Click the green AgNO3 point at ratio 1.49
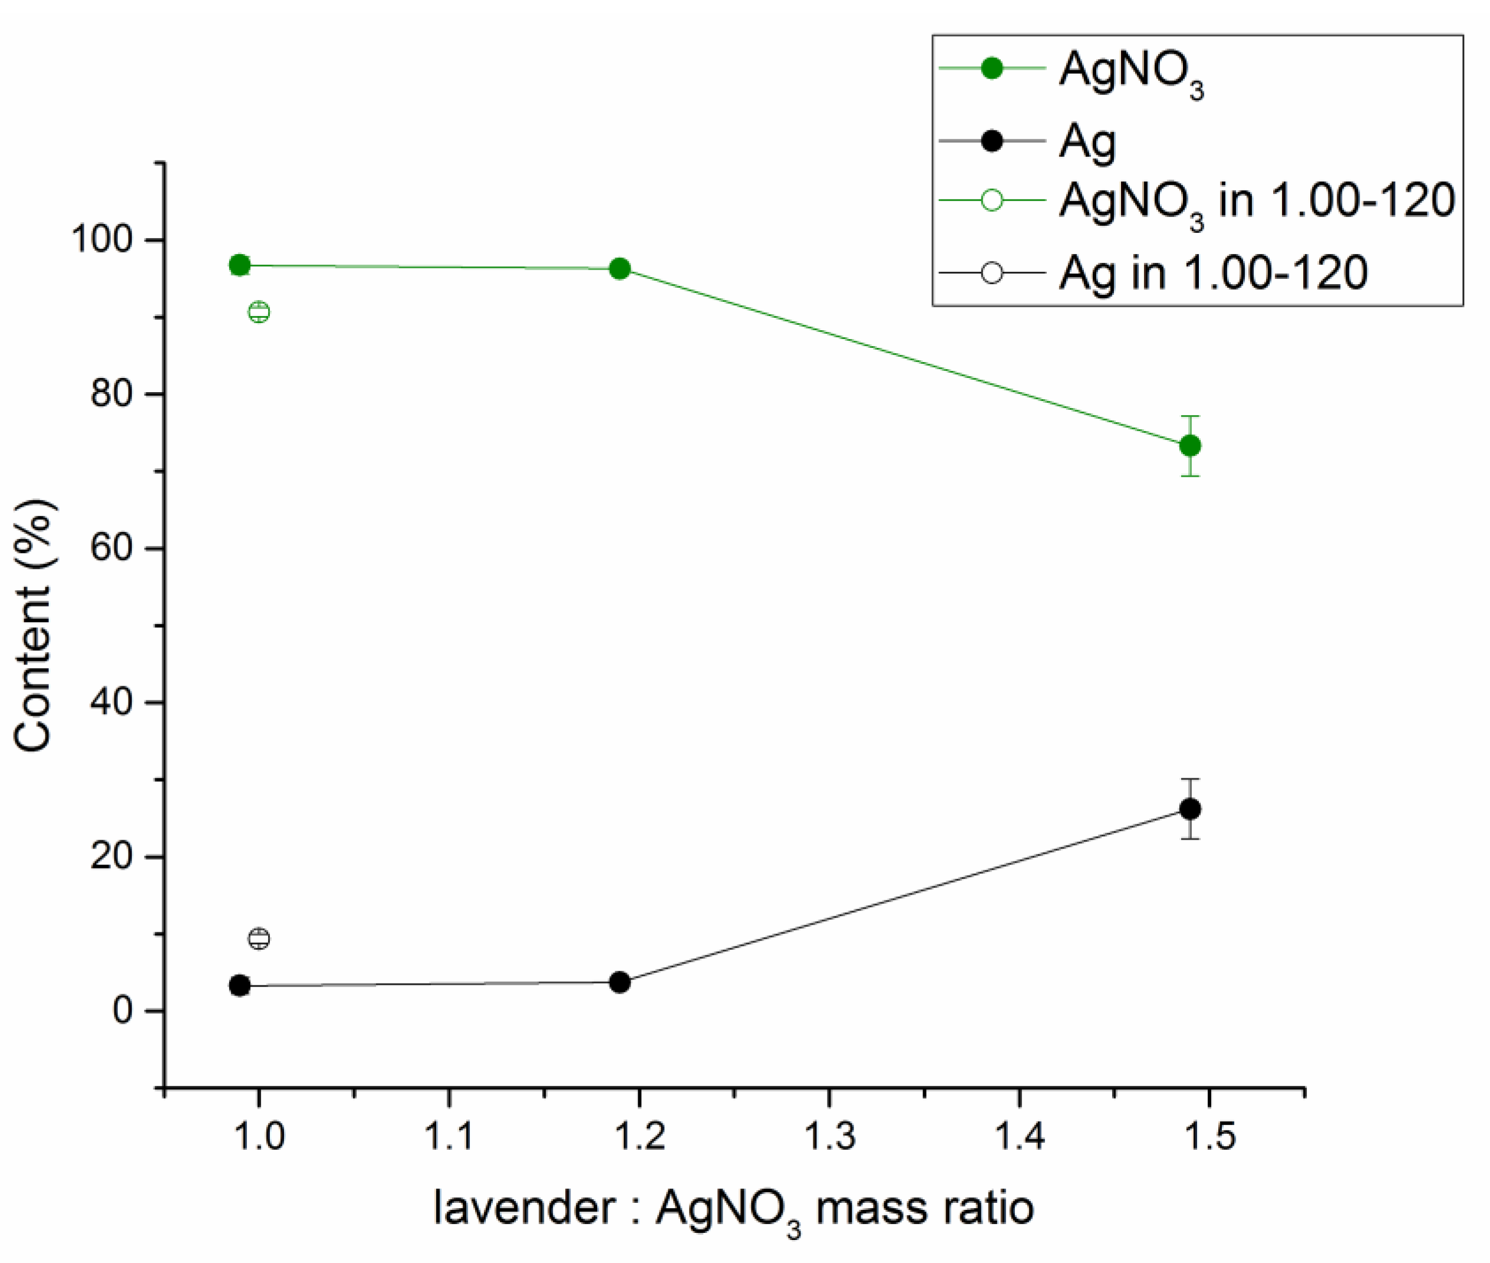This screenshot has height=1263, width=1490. (1190, 446)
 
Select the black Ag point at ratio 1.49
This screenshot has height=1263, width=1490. (1190, 809)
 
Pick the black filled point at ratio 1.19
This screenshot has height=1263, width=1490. (620, 982)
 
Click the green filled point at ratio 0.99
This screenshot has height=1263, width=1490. (240, 265)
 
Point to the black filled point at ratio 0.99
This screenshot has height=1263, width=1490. (240, 986)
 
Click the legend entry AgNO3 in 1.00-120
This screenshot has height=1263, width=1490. (1256, 200)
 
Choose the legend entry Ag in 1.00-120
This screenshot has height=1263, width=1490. (1213, 273)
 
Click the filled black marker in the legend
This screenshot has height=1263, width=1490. (992, 141)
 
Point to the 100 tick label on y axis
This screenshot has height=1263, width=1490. (103, 239)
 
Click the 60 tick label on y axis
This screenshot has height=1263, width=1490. (113, 548)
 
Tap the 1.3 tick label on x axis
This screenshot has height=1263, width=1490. (829, 1136)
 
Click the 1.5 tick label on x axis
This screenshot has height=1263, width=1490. (1209, 1136)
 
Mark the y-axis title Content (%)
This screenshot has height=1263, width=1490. (33, 625)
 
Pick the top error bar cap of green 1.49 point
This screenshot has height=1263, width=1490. (1190, 416)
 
